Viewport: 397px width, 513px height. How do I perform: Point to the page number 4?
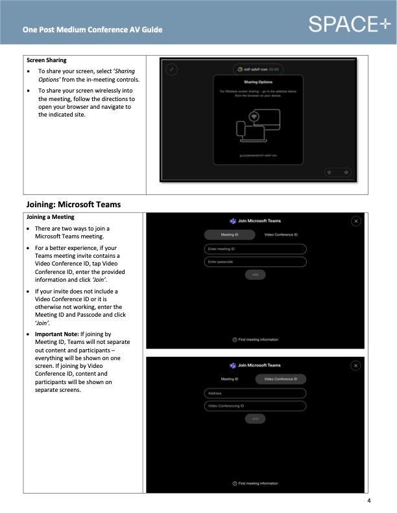coord(368,501)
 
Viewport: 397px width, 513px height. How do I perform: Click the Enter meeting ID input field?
coord(255,249)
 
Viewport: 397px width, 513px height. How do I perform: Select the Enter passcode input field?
coord(255,262)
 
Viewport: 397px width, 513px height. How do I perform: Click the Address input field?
coord(255,393)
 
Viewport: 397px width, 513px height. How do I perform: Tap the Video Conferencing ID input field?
coord(255,406)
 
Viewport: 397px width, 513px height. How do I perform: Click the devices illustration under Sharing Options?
coord(258,126)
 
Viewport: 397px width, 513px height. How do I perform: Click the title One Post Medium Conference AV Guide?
coord(92,30)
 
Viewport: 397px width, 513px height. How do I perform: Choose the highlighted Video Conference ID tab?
coord(280,379)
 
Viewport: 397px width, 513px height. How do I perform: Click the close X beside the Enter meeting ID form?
coord(355,222)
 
